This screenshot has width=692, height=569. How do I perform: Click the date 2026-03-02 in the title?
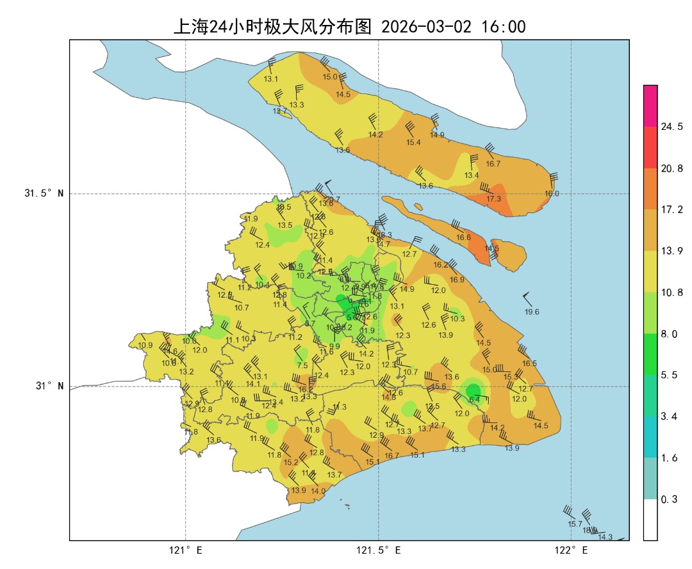(426, 26)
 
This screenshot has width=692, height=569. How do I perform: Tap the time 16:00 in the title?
(503, 26)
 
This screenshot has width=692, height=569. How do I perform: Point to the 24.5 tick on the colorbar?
(671, 127)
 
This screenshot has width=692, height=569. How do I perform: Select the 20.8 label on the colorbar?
(671, 168)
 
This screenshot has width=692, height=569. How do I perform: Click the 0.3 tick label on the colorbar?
(669, 499)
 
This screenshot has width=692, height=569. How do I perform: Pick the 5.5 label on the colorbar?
(669, 375)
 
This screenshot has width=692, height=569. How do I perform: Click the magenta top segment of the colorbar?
(650, 106)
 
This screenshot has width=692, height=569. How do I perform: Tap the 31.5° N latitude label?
(44, 193)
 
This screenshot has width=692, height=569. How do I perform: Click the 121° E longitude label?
(186, 550)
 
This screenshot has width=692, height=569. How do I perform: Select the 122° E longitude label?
(572, 550)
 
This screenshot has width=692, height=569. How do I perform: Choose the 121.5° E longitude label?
(379, 550)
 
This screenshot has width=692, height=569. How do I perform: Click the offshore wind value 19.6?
(532, 312)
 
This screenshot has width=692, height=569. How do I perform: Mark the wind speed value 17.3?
(493, 199)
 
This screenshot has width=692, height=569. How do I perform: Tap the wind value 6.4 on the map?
(474, 400)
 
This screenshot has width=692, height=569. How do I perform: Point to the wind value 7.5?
(302, 365)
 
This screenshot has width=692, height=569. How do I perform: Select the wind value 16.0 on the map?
(552, 193)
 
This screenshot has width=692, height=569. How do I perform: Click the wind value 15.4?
(413, 143)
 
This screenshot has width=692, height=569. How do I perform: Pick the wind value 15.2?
(291, 462)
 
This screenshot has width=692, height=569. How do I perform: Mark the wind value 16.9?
(457, 280)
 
